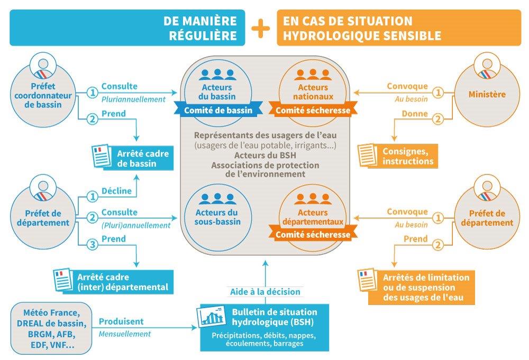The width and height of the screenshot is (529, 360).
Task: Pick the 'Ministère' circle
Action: pyautogui.click(x=487, y=95)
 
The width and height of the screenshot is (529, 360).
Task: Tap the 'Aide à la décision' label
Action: pyautogui.click(x=265, y=291)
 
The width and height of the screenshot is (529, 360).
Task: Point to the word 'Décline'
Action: pyautogui.click(x=116, y=191)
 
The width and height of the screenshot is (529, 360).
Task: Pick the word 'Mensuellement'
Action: pyautogui.click(x=125, y=334)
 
